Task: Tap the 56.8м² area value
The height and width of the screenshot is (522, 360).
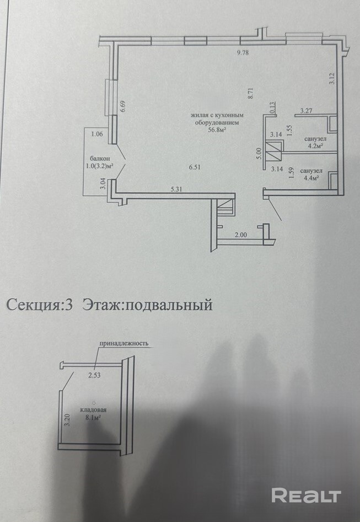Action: (x=214, y=131)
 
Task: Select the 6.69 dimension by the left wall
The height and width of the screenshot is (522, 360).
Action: (x=123, y=106)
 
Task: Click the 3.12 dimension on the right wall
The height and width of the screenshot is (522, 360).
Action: (x=331, y=78)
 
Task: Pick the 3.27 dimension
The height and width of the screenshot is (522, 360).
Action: (x=306, y=110)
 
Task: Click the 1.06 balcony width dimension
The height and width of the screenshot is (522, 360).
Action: (x=97, y=133)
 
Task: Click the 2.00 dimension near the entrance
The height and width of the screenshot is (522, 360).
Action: (x=240, y=236)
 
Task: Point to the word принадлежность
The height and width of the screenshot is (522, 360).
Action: (x=124, y=343)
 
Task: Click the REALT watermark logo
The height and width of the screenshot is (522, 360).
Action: (x=307, y=496)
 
